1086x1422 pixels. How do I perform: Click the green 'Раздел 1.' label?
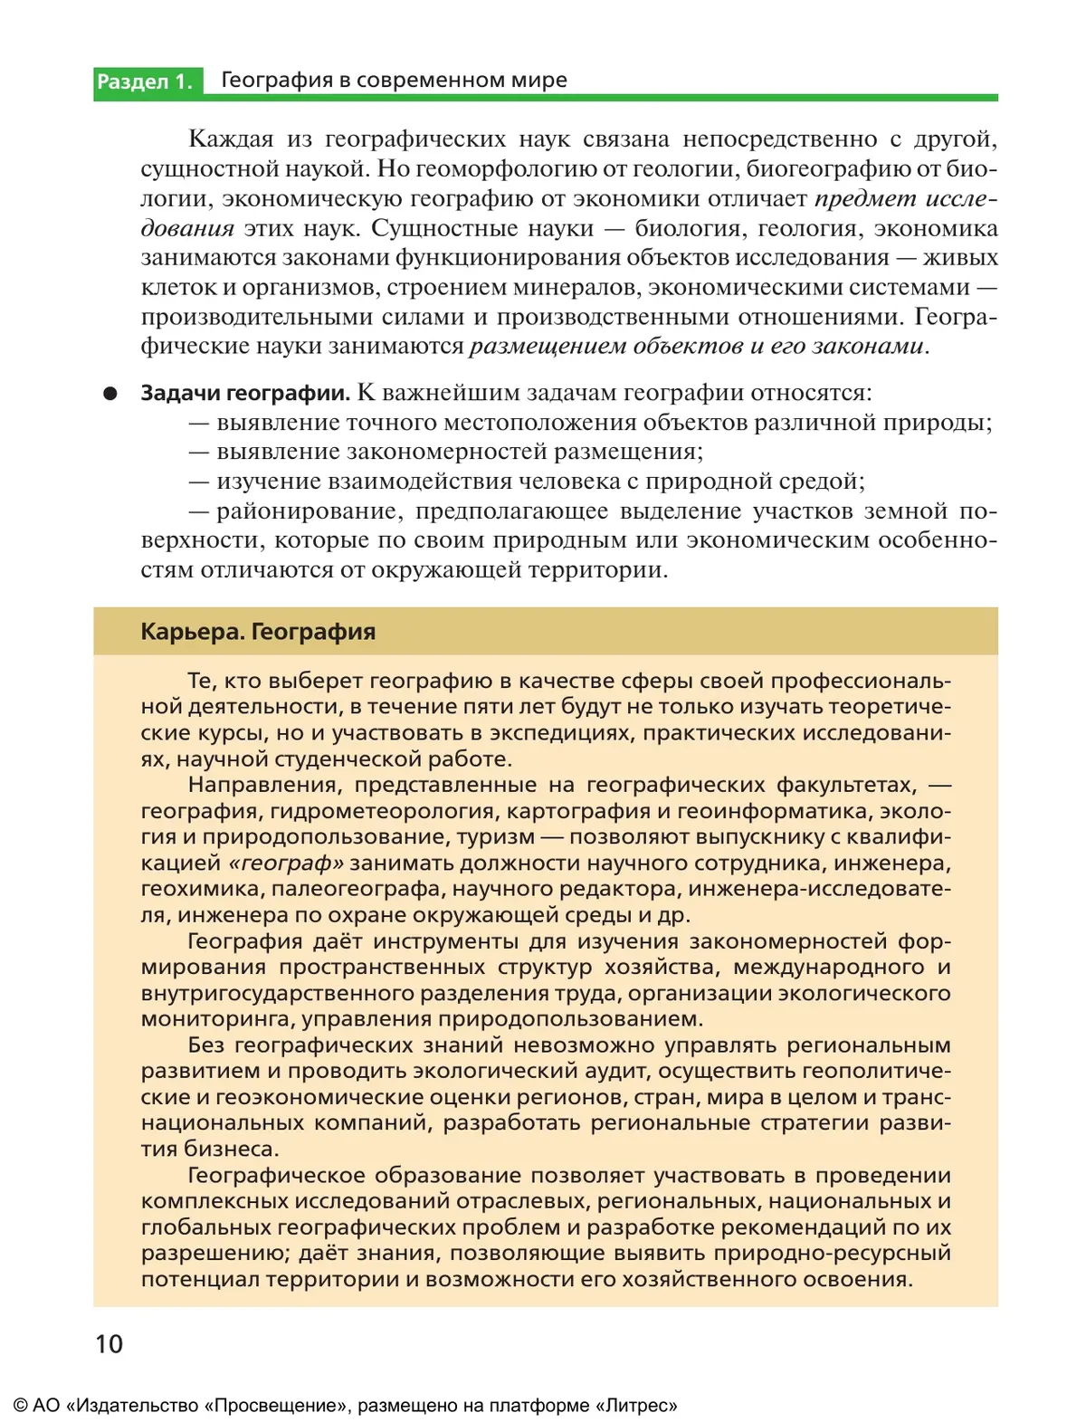click(145, 81)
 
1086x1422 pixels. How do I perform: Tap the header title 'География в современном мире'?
click(394, 80)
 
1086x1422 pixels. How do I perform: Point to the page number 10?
click(109, 1344)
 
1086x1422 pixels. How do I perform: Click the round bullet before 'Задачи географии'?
click(110, 394)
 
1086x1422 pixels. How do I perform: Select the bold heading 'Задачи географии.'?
click(245, 393)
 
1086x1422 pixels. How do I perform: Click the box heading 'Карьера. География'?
click(258, 632)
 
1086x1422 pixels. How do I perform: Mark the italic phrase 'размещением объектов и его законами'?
click(697, 346)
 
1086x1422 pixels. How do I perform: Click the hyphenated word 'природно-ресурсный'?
click(833, 1254)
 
